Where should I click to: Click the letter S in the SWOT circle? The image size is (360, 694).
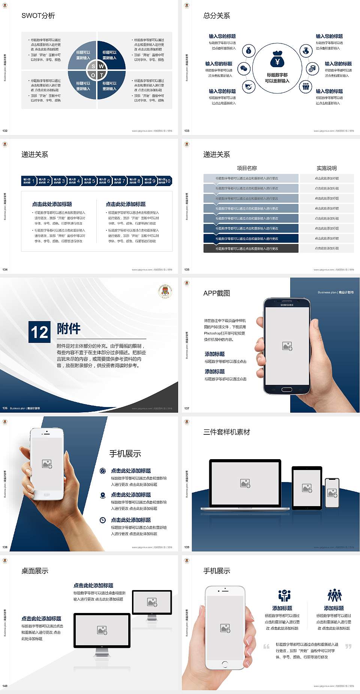(93, 66)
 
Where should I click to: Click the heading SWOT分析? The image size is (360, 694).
(38, 16)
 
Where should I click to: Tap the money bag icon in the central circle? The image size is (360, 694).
(277, 59)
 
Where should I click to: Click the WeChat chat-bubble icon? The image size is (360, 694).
(244, 68)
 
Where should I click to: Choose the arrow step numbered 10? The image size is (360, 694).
(165, 181)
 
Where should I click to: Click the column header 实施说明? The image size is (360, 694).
(326, 168)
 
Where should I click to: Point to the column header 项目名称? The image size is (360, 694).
(247, 168)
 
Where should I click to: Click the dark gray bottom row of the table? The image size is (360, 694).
(251, 248)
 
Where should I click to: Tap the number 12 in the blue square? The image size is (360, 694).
(39, 332)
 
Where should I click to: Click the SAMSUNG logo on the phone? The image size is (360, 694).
(287, 305)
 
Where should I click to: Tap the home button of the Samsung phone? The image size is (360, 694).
(286, 389)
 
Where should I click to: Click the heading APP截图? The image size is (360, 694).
(216, 293)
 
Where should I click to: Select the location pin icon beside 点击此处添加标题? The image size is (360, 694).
(103, 495)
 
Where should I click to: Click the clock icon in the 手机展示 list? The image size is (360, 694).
(103, 520)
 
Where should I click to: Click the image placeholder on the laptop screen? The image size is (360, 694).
(245, 483)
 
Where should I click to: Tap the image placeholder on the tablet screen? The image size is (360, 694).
(307, 488)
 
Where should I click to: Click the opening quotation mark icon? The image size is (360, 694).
(266, 646)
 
